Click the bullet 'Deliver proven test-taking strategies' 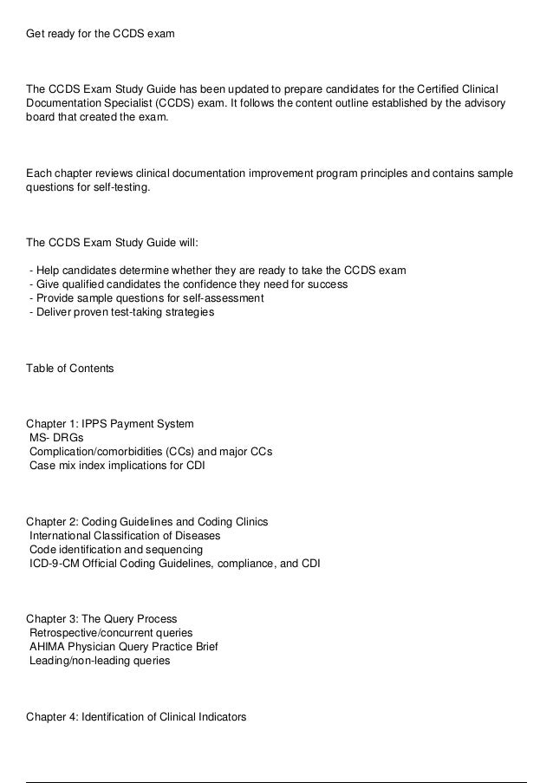(x=120, y=311)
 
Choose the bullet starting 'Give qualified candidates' (x=188, y=284)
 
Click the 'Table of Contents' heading (x=70, y=369)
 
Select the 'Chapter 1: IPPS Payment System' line (x=110, y=424)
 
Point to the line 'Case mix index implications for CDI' (x=117, y=465)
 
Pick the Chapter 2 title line (x=147, y=521)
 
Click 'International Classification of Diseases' (x=125, y=535)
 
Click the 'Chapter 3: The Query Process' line (x=101, y=619)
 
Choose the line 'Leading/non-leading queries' (x=100, y=660)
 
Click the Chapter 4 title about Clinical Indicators (x=136, y=716)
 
